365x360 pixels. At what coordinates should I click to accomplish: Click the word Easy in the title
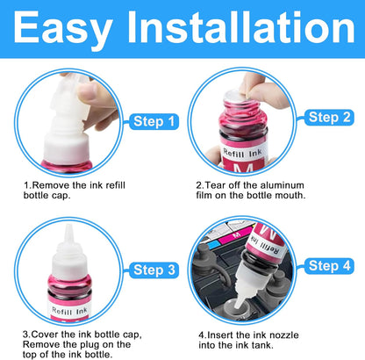point(62,29)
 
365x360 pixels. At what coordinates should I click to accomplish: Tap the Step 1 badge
point(154,121)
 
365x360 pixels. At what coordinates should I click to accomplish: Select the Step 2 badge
point(329,118)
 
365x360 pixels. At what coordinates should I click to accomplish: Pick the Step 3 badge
point(154,270)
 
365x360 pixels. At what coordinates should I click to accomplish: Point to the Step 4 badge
point(329,266)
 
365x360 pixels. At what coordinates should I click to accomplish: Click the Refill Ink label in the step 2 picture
point(242,153)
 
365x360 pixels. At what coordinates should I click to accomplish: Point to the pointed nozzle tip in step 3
point(68,227)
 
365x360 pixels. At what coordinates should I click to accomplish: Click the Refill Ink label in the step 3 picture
point(69,311)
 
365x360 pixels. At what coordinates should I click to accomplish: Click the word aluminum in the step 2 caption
point(282,185)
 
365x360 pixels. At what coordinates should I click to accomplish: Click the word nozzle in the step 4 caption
point(283,335)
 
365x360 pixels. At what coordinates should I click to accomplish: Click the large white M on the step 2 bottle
point(243,169)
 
